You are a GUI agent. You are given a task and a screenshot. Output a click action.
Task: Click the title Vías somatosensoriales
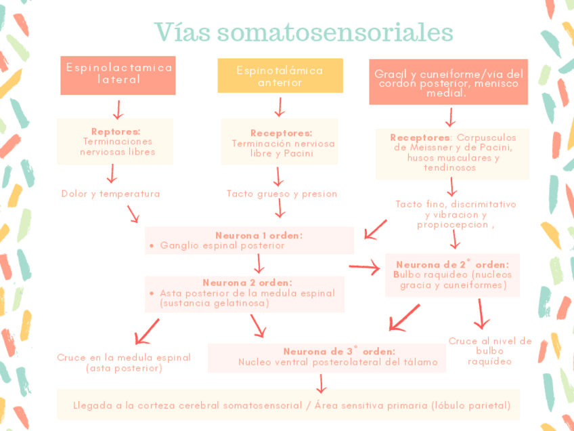tap(303, 31)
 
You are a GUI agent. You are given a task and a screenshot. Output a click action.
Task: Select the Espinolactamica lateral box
tap(118, 75)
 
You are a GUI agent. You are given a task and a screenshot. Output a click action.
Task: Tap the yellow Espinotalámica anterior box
tap(280, 76)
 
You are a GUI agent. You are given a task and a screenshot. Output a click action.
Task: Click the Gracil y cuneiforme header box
tap(449, 83)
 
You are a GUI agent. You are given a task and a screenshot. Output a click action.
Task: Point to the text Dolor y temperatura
tap(110, 194)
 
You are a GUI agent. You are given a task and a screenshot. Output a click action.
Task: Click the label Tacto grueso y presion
tap(282, 194)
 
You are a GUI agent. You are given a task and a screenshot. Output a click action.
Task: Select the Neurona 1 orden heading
tap(259, 235)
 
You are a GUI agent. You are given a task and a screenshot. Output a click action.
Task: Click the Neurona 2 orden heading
tap(247, 283)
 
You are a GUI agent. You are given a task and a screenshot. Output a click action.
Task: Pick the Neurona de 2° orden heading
tap(452, 264)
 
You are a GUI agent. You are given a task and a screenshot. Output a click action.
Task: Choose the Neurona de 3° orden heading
tap(339, 351)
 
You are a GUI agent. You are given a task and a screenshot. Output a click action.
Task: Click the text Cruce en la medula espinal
tap(124, 358)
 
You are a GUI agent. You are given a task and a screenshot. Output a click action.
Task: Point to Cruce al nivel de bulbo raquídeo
tap(490, 351)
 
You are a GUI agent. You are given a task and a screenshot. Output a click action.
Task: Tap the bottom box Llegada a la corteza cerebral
tap(292, 406)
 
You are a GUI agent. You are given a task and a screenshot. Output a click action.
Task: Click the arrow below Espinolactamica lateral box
tap(118, 108)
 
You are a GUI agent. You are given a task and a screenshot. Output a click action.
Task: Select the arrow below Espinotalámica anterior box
tap(279, 107)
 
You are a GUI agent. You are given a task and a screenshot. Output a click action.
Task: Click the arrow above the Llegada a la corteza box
tap(321, 384)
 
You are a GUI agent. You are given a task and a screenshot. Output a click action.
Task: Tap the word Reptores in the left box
tap(116, 131)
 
